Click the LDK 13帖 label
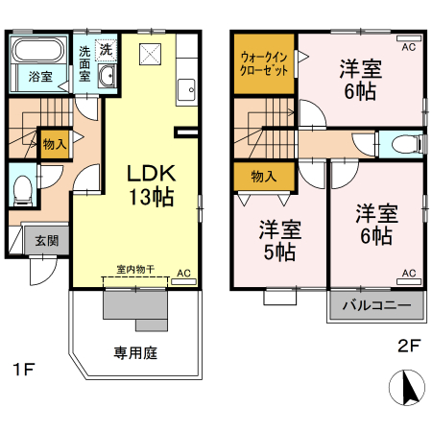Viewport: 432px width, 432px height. click(x=151, y=185)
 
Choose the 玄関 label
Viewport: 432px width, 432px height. click(x=46, y=241)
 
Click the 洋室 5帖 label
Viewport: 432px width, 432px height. click(x=279, y=241)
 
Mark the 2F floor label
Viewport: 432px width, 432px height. click(x=409, y=346)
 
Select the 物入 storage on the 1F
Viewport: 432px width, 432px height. click(x=54, y=144)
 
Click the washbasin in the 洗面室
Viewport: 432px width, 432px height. click(x=106, y=77)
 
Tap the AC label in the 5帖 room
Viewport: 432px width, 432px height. click(x=407, y=274)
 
